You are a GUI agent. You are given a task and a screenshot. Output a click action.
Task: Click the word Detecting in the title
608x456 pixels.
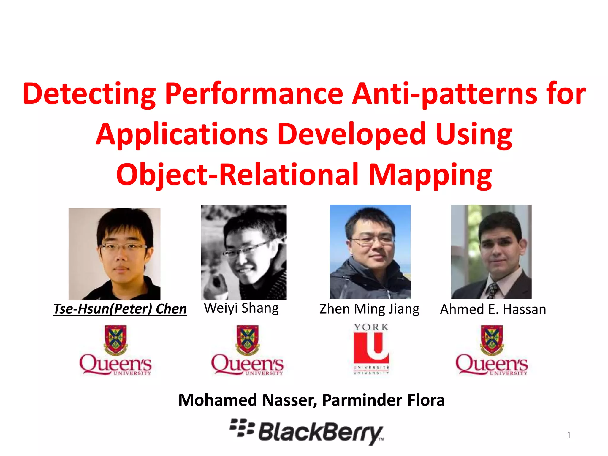coord(89,94)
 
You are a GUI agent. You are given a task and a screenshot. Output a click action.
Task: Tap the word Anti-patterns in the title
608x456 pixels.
coord(444,94)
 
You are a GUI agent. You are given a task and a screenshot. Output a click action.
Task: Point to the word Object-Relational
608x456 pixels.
coord(237,175)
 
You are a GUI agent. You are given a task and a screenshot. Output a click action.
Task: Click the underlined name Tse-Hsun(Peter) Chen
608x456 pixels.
coord(120,309)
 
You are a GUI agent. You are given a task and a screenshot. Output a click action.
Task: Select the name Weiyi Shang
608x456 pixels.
coord(241,308)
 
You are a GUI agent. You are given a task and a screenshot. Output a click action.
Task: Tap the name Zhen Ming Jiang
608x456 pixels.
coord(369,309)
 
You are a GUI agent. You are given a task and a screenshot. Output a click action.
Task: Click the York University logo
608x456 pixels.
coord(371,349)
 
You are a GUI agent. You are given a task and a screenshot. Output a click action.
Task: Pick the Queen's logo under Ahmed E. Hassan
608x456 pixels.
coord(492,350)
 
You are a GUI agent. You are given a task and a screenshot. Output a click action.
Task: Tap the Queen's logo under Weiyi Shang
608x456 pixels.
coord(247,350)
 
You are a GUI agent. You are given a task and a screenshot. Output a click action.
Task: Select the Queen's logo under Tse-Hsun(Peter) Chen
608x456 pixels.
coord(115,350)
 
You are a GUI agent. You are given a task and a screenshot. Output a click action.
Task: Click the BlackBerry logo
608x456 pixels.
coord(307,432)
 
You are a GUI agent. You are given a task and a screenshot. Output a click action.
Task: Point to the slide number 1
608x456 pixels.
coord(569,435)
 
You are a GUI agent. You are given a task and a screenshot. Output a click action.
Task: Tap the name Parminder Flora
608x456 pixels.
coord(383,400)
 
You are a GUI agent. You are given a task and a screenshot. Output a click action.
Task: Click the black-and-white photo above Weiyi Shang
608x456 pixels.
coord(244,252)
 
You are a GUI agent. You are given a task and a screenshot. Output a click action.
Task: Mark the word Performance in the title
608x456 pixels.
coord(254,94)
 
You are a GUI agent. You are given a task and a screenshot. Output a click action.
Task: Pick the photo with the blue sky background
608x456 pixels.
coord(370,251)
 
